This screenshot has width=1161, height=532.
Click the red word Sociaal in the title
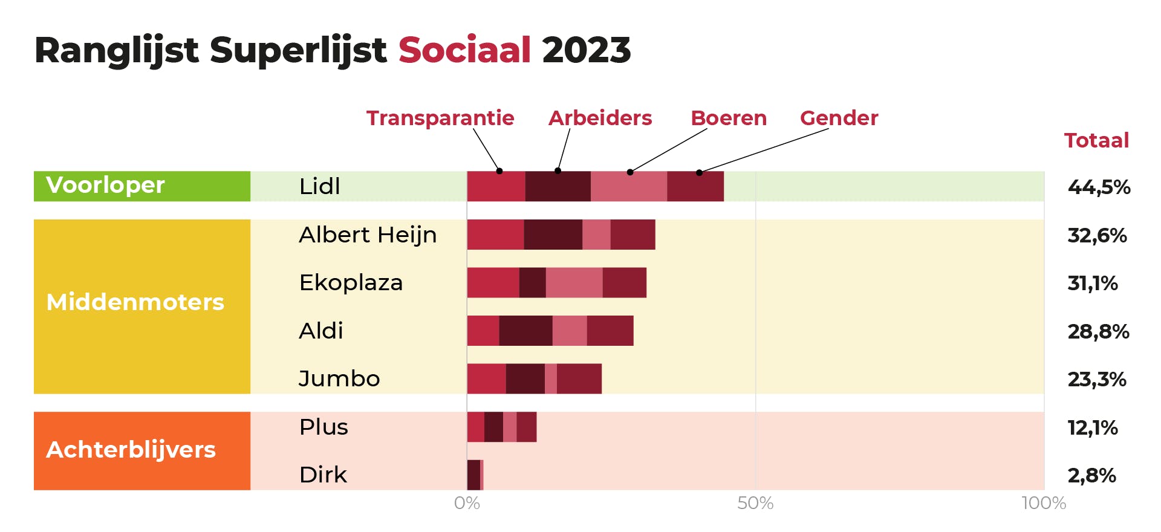pyautogui.click(x=464, y=50)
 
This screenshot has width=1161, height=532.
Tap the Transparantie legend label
pyautogui.click(x=440, y=118)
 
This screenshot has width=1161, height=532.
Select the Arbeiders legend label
pyautogui.click(x=600, y=118)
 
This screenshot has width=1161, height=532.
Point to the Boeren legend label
pyautogui.click(x=729, y=118)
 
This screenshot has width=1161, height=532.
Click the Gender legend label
pyautogui.click(x=839, y=118)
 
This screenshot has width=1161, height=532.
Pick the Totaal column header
pyautogui.click(x=1096, y=140)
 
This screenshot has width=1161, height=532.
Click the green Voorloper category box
pyautogui.click(x=142, y=186)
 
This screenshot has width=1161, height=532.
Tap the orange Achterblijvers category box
pyautogui.click(x=142, y=450)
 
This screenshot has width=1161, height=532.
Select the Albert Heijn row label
pyautogui.click(x=368, y=235)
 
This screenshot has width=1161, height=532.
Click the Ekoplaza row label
pyautogui.click(x=351, y=282)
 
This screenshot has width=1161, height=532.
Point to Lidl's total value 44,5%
pyautogui.click(x=1099, y=187)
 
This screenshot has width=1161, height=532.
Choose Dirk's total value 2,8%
pyautogui.click(x=1091, y=475)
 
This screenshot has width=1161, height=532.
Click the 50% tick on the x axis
pyautogui.click(x=755, y=503)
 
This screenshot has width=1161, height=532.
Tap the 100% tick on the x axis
pyautogui.click(x=1044, y=503)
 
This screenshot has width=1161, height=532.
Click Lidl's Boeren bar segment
pyautogui.click(x=629, y=186)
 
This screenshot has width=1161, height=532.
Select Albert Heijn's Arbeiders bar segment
pyautogui.click(x=553, y=235)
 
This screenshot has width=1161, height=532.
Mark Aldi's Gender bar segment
pyautogui.click(x=610, y=331)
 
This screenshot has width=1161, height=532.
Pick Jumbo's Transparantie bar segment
pyautogui.click(x=486, y=379)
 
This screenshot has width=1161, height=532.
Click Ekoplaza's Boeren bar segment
pyautogui.click(x=574, y=282)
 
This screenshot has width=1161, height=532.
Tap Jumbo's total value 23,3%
pyautogui.click(x=1096, y=380)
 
